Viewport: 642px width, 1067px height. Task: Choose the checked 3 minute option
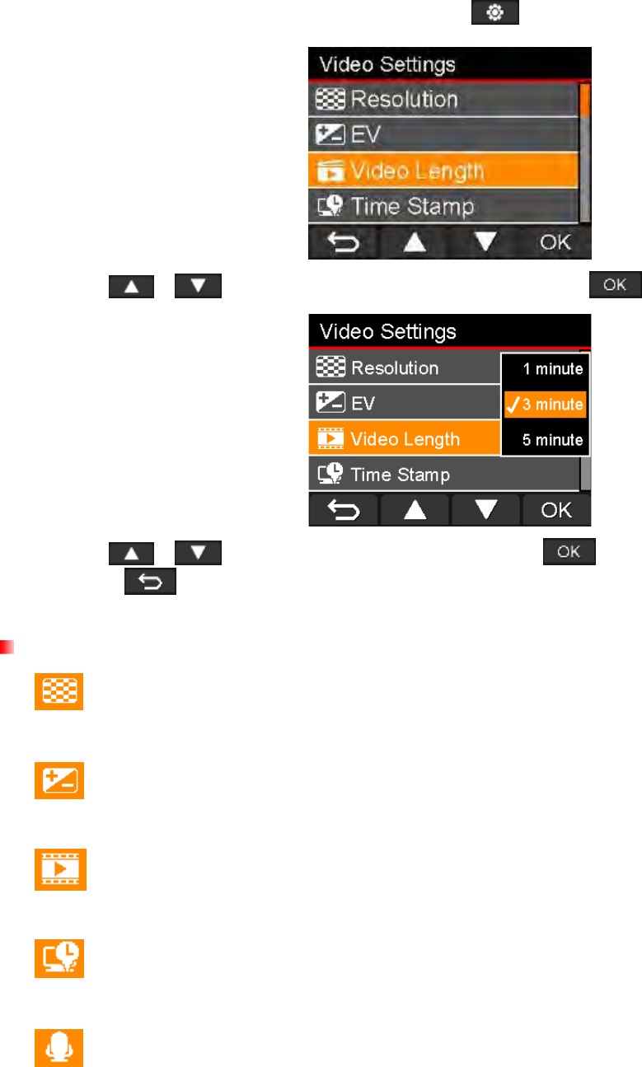546,405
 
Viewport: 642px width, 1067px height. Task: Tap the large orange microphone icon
59,1046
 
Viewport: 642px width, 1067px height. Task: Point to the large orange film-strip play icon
59,868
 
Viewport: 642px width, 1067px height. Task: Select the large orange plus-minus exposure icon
59,779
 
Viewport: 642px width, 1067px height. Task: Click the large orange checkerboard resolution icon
59,690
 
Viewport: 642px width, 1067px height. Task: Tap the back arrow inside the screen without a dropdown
344,244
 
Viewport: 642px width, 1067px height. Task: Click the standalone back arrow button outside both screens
149,583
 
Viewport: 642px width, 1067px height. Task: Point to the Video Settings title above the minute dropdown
387,332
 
